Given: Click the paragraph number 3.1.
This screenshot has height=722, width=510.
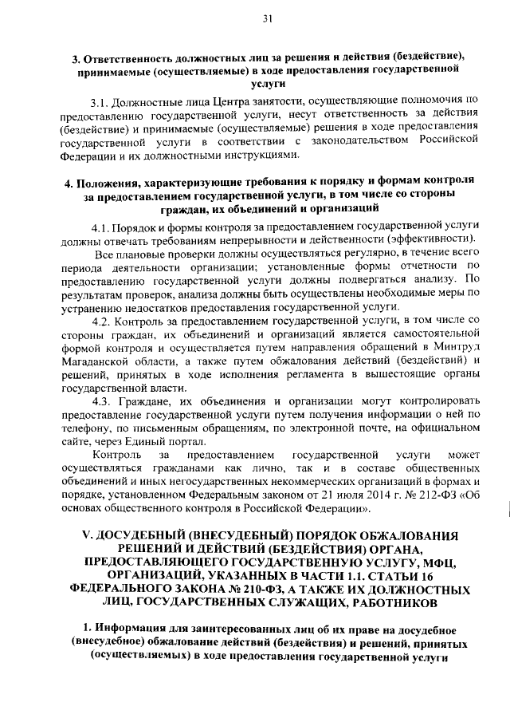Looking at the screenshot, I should [x=101, y=102].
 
